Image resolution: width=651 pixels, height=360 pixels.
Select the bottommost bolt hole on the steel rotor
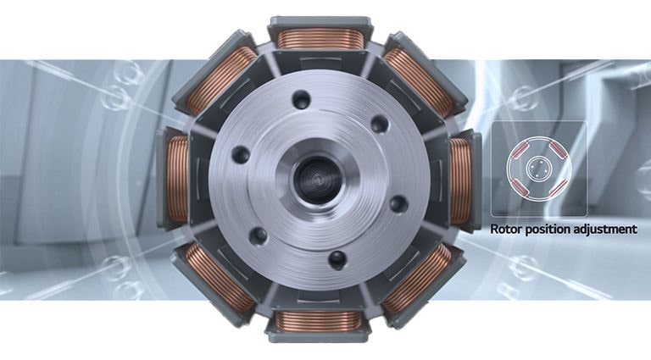(x=337, y=258)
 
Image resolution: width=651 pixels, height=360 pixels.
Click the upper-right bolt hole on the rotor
(x=380, y=124)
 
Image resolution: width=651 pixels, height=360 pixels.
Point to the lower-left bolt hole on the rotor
(x=259, y=235)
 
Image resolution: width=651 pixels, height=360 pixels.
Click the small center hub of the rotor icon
(x=538, y=169)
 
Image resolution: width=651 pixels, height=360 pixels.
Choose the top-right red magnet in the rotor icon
(x=560, y=153)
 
